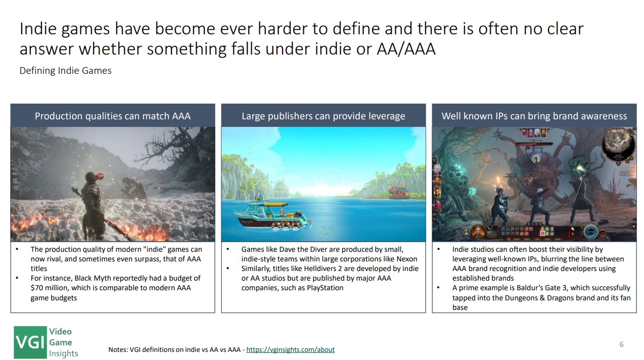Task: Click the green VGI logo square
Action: click(30, 342)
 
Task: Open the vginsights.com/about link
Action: click(290, 350)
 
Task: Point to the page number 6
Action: click(621, 344)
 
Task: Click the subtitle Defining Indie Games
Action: click(66, 71)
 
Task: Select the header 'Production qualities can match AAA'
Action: click(113, 116)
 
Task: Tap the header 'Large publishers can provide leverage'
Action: click(324, 116)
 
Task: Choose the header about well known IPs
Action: click(534, 116)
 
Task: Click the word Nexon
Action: click(407, 259)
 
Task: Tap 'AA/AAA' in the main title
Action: click(406, 49)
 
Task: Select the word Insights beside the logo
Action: click(64, 353)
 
